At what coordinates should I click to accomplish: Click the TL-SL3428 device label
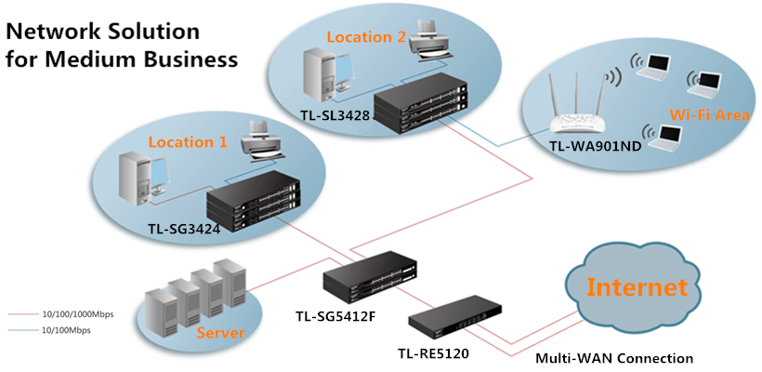tap(335, 115)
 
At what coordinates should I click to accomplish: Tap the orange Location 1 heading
tap(189, 142)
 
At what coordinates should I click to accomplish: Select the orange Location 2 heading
tap(366, 37)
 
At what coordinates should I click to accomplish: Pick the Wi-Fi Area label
tap(703, 113)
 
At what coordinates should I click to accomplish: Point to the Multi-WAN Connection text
tap(614, 358)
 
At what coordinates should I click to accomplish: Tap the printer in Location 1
tap(261, 147)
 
